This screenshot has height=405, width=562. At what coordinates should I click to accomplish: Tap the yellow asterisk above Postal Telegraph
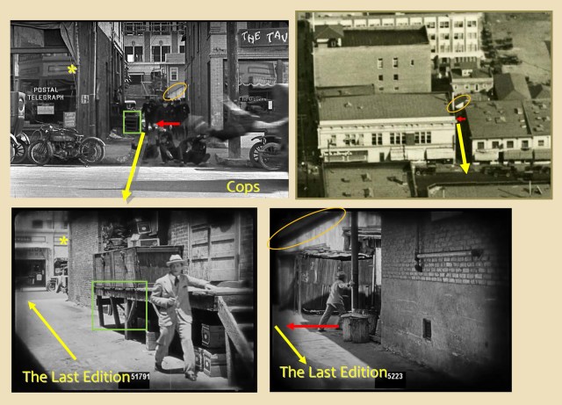[73, 68]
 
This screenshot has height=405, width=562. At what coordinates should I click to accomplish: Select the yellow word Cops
[242, 186]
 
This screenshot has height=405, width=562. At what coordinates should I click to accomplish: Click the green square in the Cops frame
[133, 122]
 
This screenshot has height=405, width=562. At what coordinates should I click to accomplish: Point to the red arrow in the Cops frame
[169, 125]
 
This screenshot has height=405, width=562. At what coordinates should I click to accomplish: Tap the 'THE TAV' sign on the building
[263, 37]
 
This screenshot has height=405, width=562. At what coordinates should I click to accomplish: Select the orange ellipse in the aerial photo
[457, 104]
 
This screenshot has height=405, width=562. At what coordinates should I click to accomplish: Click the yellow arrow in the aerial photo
[461, 145]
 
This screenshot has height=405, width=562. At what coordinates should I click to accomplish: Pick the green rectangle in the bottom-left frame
[120, 306]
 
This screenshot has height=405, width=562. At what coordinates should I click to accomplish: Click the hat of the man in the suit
[175, 260]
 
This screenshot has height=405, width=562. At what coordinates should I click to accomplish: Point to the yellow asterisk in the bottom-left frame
[64, 240]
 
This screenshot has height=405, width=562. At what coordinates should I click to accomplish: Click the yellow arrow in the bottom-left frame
[53, 330]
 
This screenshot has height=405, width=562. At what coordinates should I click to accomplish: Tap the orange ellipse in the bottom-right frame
[308, 226]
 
